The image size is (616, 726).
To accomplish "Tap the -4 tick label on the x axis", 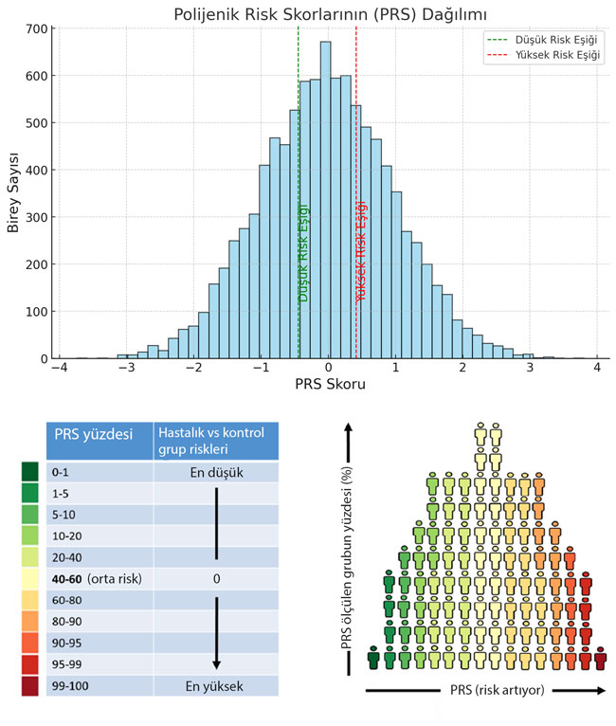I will (x=59, y=368).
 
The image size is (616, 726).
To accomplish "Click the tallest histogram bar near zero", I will (x=325, y=199).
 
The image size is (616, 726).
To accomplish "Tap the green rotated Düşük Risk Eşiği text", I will (x=304, y=252).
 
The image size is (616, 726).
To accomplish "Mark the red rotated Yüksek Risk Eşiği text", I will (x=361, y=252).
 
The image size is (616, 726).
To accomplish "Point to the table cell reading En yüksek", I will (x=216, y=684).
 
